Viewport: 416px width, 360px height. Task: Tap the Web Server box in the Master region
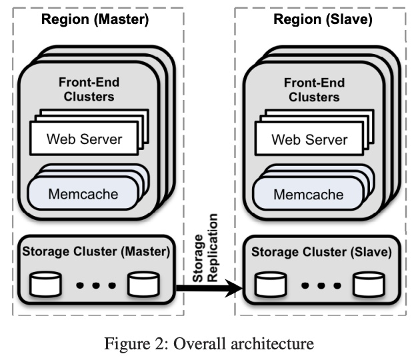coord(85,140)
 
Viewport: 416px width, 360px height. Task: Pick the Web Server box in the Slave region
coord(309,140)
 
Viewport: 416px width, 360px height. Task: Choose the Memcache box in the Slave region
coord(309,194)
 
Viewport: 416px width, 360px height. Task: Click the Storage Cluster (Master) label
coord(96,253)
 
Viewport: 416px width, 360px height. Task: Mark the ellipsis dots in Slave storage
coord(319,286)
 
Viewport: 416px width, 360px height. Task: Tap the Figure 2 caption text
coord(208,344)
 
